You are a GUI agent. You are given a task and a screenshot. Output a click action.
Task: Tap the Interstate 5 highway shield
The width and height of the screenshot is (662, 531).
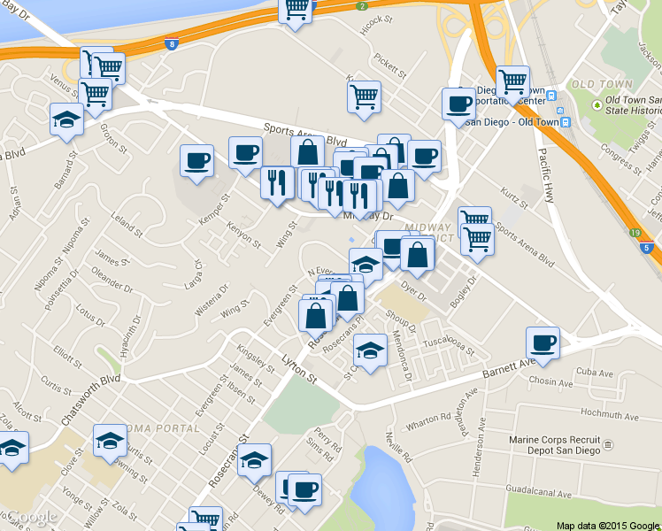click(x=648, y=250)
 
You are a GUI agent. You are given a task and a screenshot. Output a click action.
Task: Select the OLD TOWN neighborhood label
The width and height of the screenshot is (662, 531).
click(x=602, y=85)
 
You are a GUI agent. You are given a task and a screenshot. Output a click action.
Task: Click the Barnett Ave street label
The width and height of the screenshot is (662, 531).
click(x=509, y=368)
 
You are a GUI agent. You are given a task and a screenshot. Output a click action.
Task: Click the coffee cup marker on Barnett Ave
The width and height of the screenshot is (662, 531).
click(x=543, y=342)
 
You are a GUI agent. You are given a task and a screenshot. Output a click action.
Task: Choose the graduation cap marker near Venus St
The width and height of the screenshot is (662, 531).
click(x=66, y=119)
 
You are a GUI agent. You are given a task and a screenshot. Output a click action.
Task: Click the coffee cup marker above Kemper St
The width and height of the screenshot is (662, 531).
click(x=196, y=160)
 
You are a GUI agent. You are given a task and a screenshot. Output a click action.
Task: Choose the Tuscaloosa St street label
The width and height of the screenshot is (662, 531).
click(x=449, y=345)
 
